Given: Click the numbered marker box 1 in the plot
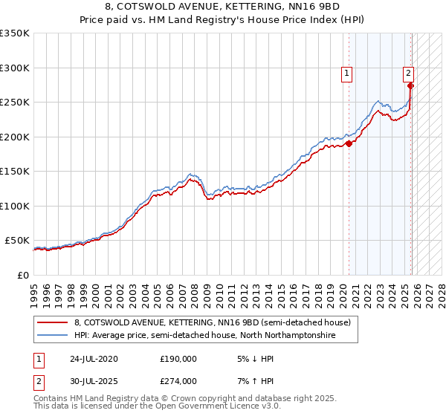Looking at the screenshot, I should [347, 73].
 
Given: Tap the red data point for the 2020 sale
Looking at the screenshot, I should [349, 144].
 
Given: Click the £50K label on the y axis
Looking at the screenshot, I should [17, 241].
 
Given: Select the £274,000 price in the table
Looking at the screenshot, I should [178, 381].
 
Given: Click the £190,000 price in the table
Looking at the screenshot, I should [178, 358].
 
